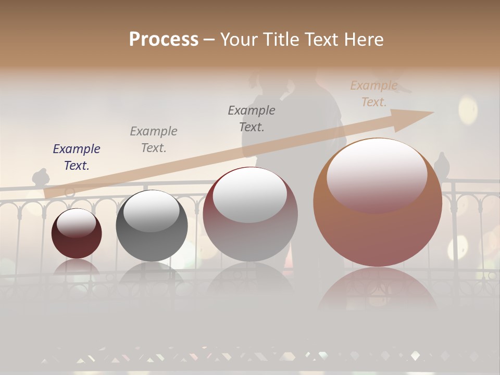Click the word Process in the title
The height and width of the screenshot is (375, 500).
[x=164, y=40]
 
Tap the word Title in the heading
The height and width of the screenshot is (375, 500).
[x=282, y=40]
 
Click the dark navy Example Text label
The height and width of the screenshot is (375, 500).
[x=77, y=157]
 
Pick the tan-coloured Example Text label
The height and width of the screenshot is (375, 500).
[x=374, y=94]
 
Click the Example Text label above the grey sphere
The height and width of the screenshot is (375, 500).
[x=154, y=140]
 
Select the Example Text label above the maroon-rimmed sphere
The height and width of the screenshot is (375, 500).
[x=252, y=118]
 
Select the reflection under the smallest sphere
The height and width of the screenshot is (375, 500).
[x=77, y=267]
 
